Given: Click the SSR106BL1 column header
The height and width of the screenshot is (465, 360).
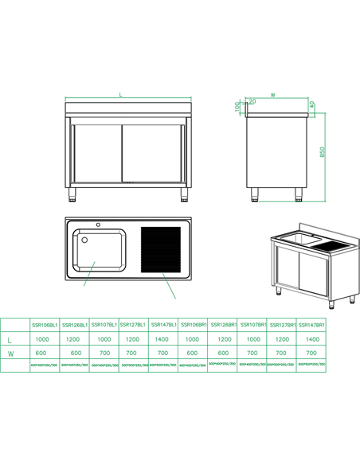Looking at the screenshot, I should [x=44, y=325].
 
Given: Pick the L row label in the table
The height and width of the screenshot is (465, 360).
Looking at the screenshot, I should [x=10, y=339].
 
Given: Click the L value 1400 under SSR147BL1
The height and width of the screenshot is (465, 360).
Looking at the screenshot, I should [x=162, y=339].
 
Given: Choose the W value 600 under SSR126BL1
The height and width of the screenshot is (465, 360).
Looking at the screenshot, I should [x=73, y=353].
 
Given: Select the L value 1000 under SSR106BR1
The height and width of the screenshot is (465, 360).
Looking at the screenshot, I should [x=191, y=339].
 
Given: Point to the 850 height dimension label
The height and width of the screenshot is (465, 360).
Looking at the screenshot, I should [x=323, y=151].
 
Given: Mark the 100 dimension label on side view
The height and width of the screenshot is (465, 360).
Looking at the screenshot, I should [x=237, y=106].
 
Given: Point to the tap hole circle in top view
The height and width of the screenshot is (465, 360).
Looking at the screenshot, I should [x=88, y=223].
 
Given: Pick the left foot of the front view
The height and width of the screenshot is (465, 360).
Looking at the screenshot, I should [x=76, y=193].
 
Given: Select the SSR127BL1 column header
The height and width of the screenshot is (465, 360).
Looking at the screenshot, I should [x=132, y=325].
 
